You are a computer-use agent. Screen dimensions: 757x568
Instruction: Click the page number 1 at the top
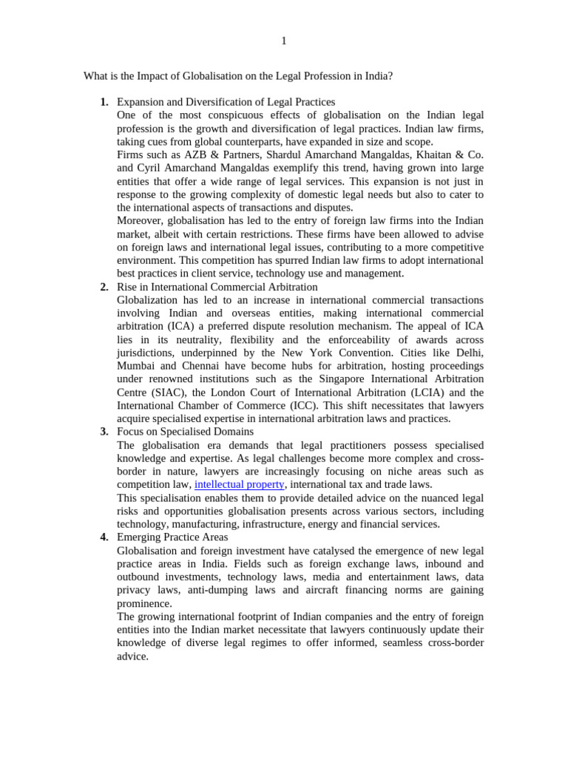[x=283, y=41]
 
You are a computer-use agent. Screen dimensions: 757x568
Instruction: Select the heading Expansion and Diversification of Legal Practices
[x=226, y=102]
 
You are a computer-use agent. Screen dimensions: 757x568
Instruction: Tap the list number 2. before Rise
[x=104, y=287]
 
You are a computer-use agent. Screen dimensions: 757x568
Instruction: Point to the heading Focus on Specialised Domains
[x=185, y=432]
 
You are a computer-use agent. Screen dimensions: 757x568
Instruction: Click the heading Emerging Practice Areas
[x=172, y=537]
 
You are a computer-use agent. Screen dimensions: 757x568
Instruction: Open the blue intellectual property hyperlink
[x=239, y=485]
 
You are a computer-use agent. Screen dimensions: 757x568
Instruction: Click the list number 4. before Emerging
[x=104, y=537]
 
